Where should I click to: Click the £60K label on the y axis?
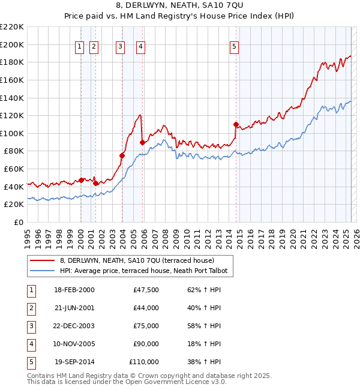(x=14, y=169)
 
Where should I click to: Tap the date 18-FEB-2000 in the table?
(x=74, y=290)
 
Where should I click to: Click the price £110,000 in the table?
(x=144, y=362)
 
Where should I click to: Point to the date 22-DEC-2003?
(x=74, y=326)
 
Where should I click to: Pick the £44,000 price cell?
(x=146, y=308)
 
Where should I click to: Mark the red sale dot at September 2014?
(x=236, y=125)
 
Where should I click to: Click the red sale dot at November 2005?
(x=142, y=142)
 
